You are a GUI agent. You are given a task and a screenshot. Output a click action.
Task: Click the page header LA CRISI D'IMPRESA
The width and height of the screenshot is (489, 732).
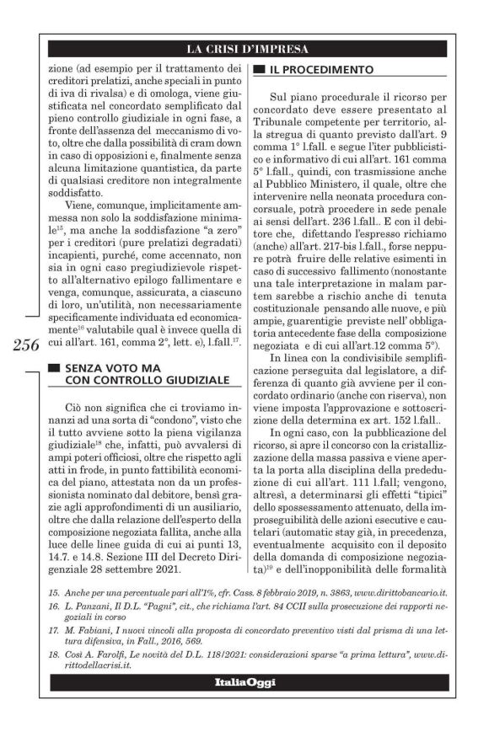tap(247, 48)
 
